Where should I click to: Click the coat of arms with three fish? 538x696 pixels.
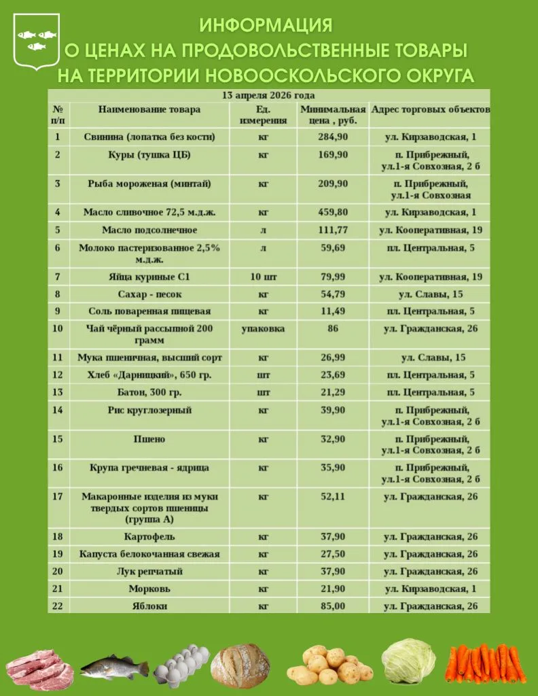[x=37, y=41]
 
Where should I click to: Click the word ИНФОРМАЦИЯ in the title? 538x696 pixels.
[x=266, y=26]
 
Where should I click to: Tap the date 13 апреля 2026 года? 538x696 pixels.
[x=269, y=96]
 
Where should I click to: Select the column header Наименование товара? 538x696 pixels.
[x=149, y=109]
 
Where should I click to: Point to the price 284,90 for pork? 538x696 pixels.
[x=333, y=137]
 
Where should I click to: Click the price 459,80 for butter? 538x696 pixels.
[x=333, y=212]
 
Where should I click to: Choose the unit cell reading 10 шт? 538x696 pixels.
[x=263, y=277]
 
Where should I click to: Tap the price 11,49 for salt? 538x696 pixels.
[x=333, y=311]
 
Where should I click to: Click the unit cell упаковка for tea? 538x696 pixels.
[x=263, y=329]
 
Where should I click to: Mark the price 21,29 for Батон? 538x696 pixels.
[x=333, y=392]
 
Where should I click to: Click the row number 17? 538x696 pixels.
[x=58, y=497]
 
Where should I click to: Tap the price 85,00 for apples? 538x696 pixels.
[x=333, y=606]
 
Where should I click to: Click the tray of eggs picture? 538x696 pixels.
[x=181, y=666]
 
